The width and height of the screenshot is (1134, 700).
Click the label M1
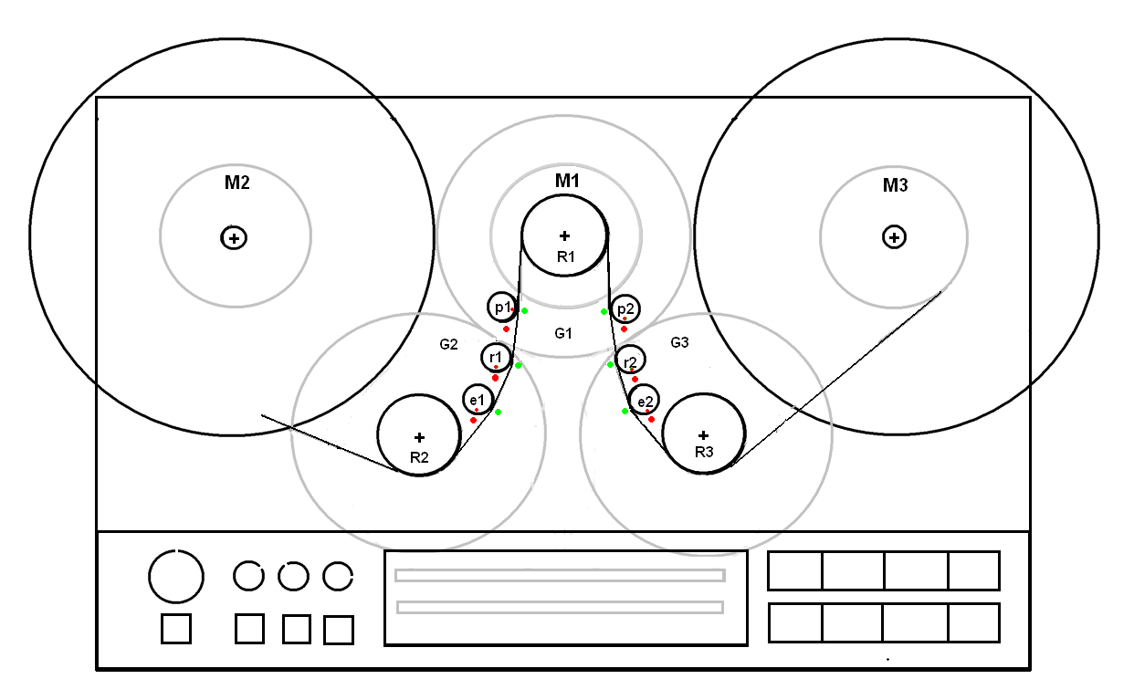[x=567, y=181]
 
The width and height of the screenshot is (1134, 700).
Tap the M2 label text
[x=237, y=183]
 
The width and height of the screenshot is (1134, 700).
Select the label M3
[x=895, y=186]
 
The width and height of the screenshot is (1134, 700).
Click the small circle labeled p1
[x=501, y=308]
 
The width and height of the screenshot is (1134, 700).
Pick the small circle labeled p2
[x=625, y=309]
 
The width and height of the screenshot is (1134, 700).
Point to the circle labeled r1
[x=495, y=357]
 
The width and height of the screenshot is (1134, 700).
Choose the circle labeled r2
[x=630, y=361]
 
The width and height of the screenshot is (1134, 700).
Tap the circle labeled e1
[x=478, y=399]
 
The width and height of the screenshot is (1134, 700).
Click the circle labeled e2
[x=644, y=400]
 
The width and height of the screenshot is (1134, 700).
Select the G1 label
[x=563, y=333]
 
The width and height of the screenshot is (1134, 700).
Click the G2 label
[x=448, y=344]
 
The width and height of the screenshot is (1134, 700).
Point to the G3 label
[x=679, y=342]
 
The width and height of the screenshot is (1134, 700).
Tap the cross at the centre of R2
[x=419, y=437]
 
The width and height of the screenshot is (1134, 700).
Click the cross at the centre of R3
[x=703, y=435]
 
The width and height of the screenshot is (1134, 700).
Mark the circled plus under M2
[x=234, y=238]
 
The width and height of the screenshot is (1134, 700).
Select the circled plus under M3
[x=894, y=237]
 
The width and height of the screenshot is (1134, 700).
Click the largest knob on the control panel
[x=176, y=577]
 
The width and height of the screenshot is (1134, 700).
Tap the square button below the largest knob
[x=176, y=629]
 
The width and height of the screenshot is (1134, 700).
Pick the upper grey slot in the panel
[x=560, y=575]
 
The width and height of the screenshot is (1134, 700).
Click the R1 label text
[x=566, y=256]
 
